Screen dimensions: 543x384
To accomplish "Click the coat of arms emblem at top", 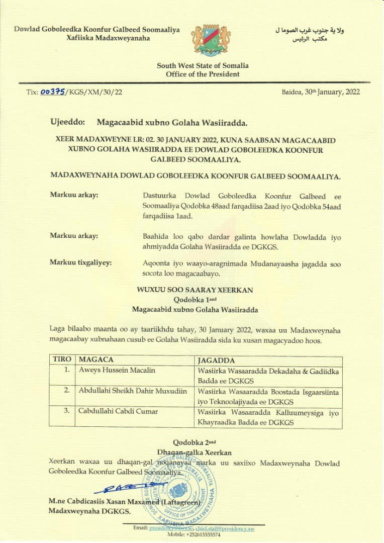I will pos(211,40).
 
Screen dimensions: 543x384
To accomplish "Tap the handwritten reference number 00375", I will pos(53,92).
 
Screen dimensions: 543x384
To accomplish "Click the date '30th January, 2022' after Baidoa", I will pos(332,92).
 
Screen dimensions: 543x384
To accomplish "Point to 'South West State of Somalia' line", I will pos(203,66).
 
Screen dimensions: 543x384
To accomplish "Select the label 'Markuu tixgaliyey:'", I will pos(81,262).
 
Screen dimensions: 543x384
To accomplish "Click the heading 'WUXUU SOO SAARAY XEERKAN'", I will pos(195,290).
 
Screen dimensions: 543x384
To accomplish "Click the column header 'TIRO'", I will pos(61,359).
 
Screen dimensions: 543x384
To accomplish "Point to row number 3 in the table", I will pos(66,411).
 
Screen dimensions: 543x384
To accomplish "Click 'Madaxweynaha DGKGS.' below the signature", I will pos(89,511).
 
